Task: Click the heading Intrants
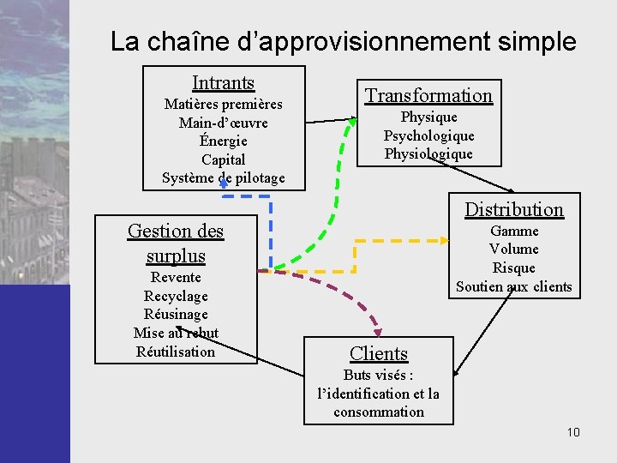223,83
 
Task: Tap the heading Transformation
428,95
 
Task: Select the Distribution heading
514,209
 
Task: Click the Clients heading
379,353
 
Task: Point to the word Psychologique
428,135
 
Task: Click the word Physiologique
428,154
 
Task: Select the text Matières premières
223,105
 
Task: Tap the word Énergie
223,141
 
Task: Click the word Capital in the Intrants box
223,159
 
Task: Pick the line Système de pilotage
223,178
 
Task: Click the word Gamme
514,231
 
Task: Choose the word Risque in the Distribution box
514,268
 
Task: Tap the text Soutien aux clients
514,286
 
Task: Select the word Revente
176,277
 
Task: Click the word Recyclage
176,296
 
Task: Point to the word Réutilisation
176,352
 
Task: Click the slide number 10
573,432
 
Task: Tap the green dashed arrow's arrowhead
351,122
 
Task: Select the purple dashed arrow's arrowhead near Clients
376,333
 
